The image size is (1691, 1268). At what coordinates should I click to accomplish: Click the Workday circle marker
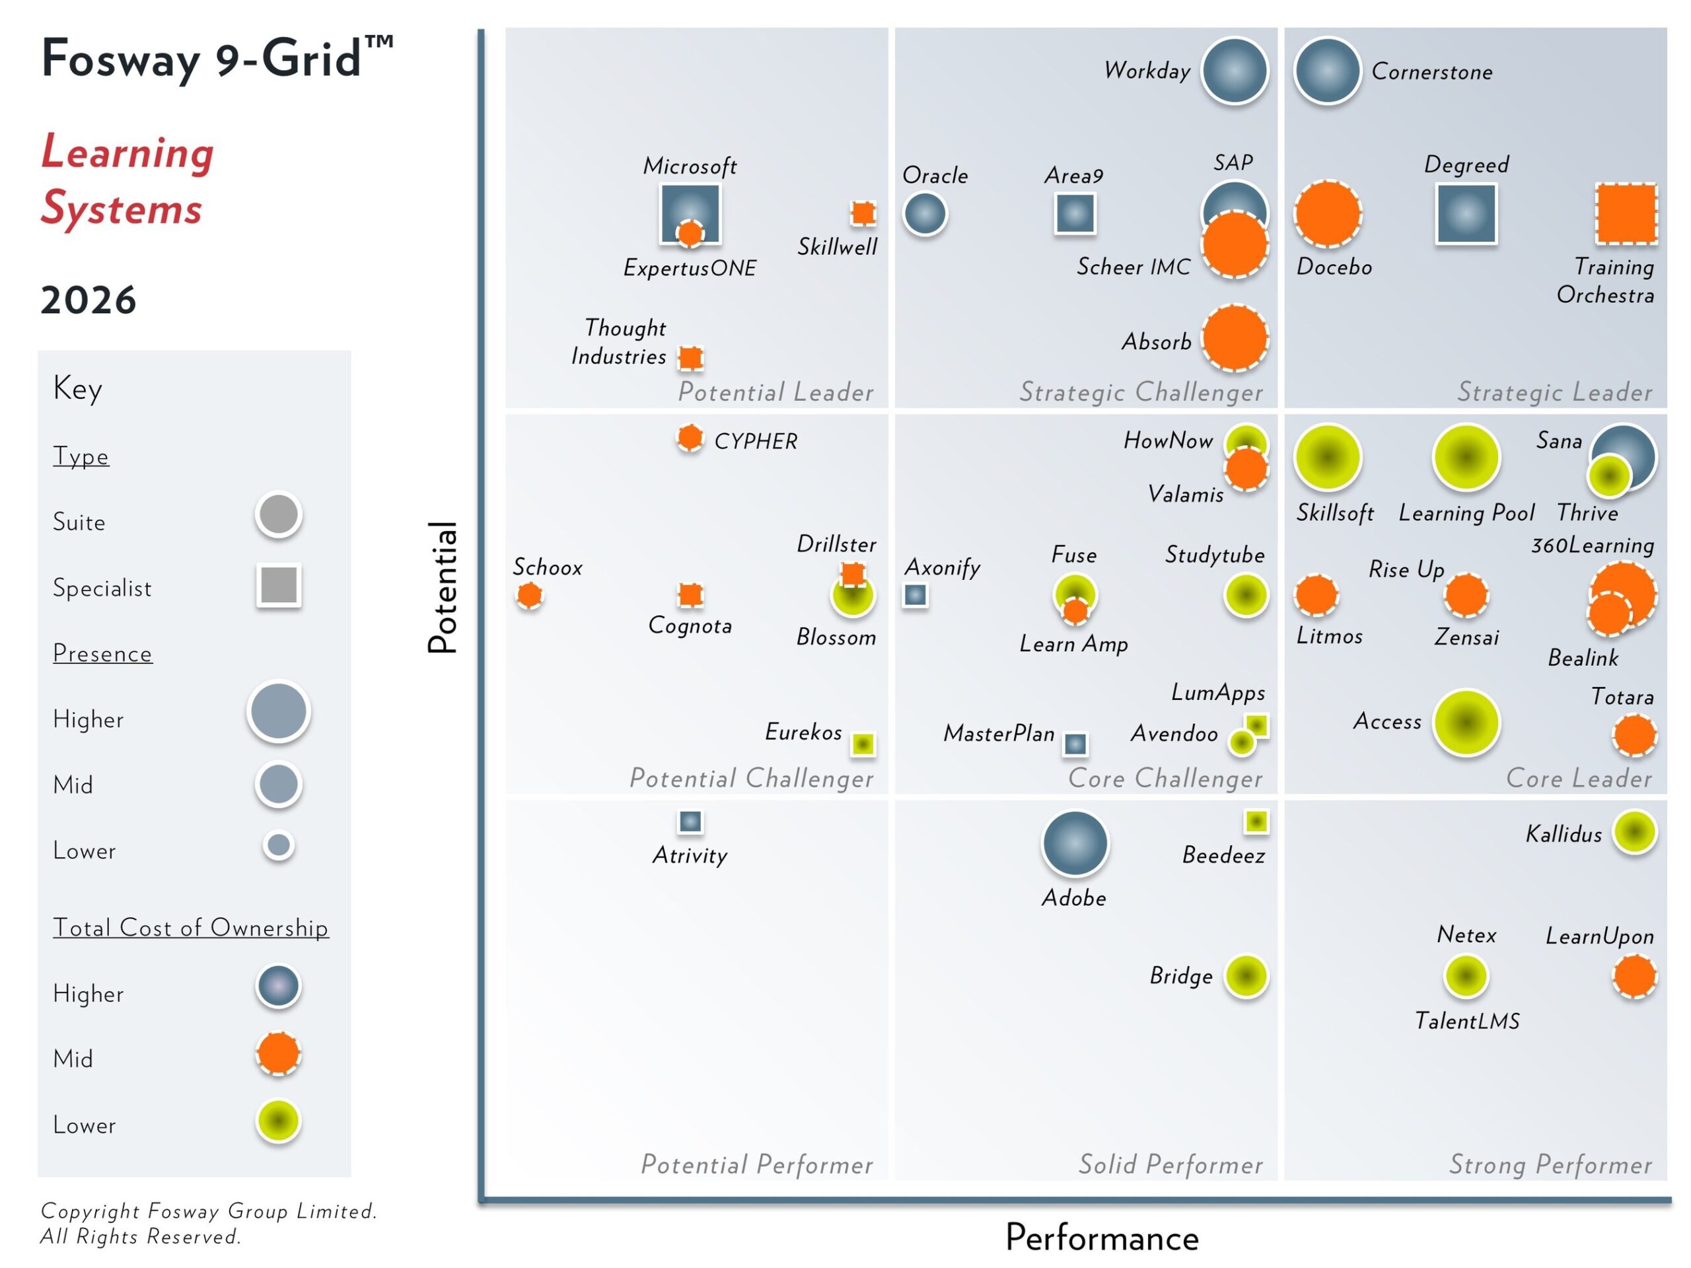coord(1234,70)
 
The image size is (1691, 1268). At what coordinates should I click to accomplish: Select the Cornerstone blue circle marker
coord(1327,70)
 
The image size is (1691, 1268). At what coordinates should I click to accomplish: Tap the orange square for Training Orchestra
coord(1626,214)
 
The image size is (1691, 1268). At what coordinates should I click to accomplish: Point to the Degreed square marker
coord(1466,214)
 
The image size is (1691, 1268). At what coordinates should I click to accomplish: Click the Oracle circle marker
coord(925,213)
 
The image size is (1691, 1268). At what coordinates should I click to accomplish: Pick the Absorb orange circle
coord(1235,338)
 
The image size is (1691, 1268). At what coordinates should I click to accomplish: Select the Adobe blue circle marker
coord(1075,843)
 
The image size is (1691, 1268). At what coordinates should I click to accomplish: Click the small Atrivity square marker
coord(690,822)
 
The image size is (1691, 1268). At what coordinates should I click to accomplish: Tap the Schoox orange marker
coord(529,594)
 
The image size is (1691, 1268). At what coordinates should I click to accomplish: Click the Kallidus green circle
coord(1634,831)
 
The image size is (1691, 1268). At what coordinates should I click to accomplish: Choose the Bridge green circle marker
coord(1246,976)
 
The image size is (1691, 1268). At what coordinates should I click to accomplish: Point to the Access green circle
coord(1466,722)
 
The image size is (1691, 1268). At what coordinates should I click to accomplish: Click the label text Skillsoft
coord(1335,513)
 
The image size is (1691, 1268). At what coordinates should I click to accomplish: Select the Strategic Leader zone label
coord(1554,392)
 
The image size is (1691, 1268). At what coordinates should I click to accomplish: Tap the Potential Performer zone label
coord(757,1164)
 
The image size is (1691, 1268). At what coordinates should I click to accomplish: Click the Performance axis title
coord(1102,1238)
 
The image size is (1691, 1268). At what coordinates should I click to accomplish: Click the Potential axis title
coord(442,587)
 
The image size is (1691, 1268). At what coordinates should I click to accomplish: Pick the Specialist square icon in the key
coord(279,586)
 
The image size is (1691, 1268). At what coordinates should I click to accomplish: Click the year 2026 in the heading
coord(88,300)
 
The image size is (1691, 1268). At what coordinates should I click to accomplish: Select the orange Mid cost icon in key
coord(278,1054)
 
